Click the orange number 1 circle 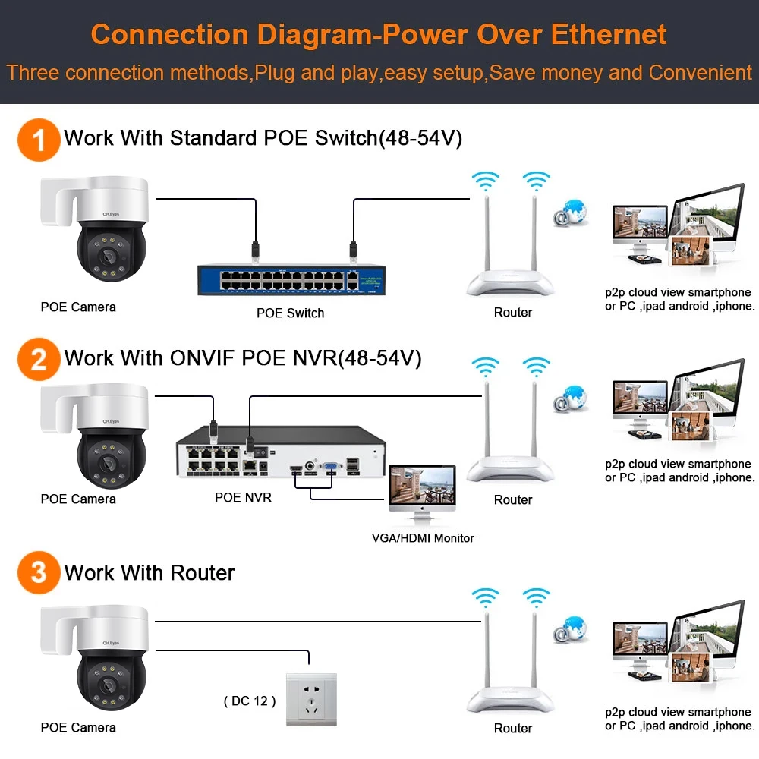pyautogui.click(x=39, y=140)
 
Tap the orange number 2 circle pyautogui.click(x=39, y=359)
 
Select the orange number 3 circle pyautogui.click(x=39, y=572)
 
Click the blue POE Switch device pyautogui.click(x=291, y=279)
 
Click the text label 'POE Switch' pyautogui.click(x=290, y=313)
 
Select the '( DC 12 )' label pyautogui.click(x=250, y=701)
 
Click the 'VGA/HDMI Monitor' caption pyautogui.click(x=423, y=538)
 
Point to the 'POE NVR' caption pyautogui.click(x=243, y=498)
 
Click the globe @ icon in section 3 pyautogui.click(x=572, y=629)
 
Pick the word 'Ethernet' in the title pyautogui.click(x=609, y=34)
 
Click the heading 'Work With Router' pyautogui.click(x=150, y=572)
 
